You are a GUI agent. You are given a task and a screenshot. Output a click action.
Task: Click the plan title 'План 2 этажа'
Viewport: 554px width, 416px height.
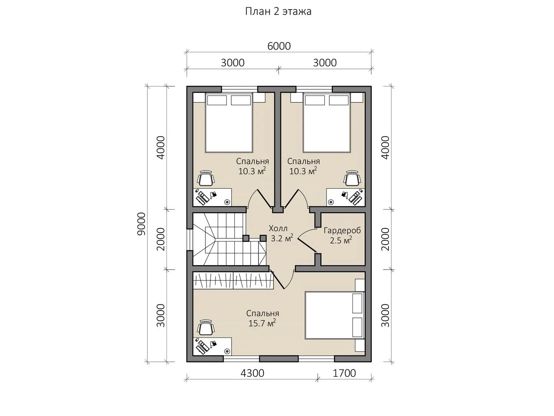278,12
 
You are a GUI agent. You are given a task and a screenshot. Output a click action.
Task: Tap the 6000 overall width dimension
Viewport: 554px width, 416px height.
279,46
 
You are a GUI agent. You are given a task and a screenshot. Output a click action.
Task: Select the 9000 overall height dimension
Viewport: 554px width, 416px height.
142,224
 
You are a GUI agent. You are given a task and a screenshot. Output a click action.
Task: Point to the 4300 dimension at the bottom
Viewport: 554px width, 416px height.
252,373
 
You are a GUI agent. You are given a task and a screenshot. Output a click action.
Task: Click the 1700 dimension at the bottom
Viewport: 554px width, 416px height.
344,373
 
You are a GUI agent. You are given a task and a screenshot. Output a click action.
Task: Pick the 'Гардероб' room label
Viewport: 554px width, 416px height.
342,231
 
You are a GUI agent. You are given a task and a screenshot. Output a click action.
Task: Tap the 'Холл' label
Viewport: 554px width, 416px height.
278,228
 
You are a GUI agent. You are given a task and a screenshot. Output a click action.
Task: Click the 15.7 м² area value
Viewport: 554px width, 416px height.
262,323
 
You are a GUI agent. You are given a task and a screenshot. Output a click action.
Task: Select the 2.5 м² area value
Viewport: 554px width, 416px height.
341,240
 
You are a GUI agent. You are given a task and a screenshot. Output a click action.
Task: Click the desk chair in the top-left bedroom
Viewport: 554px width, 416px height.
206,178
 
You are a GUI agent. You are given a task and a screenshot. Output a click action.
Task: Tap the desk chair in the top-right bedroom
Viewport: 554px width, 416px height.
352,178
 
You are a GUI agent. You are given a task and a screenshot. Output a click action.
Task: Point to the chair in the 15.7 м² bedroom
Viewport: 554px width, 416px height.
206,327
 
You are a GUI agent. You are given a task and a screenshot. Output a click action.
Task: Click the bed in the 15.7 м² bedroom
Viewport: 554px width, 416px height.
335,315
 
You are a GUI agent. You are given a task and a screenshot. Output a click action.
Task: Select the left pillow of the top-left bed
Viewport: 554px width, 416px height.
217,100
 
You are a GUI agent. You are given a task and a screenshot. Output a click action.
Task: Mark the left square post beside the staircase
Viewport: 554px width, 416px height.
246,238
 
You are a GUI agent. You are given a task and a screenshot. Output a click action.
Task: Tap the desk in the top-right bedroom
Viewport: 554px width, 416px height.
345,197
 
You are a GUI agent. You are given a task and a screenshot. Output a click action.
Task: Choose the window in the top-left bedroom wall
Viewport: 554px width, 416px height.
240,89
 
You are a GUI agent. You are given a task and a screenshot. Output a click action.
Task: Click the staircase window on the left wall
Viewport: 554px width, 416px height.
190,240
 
